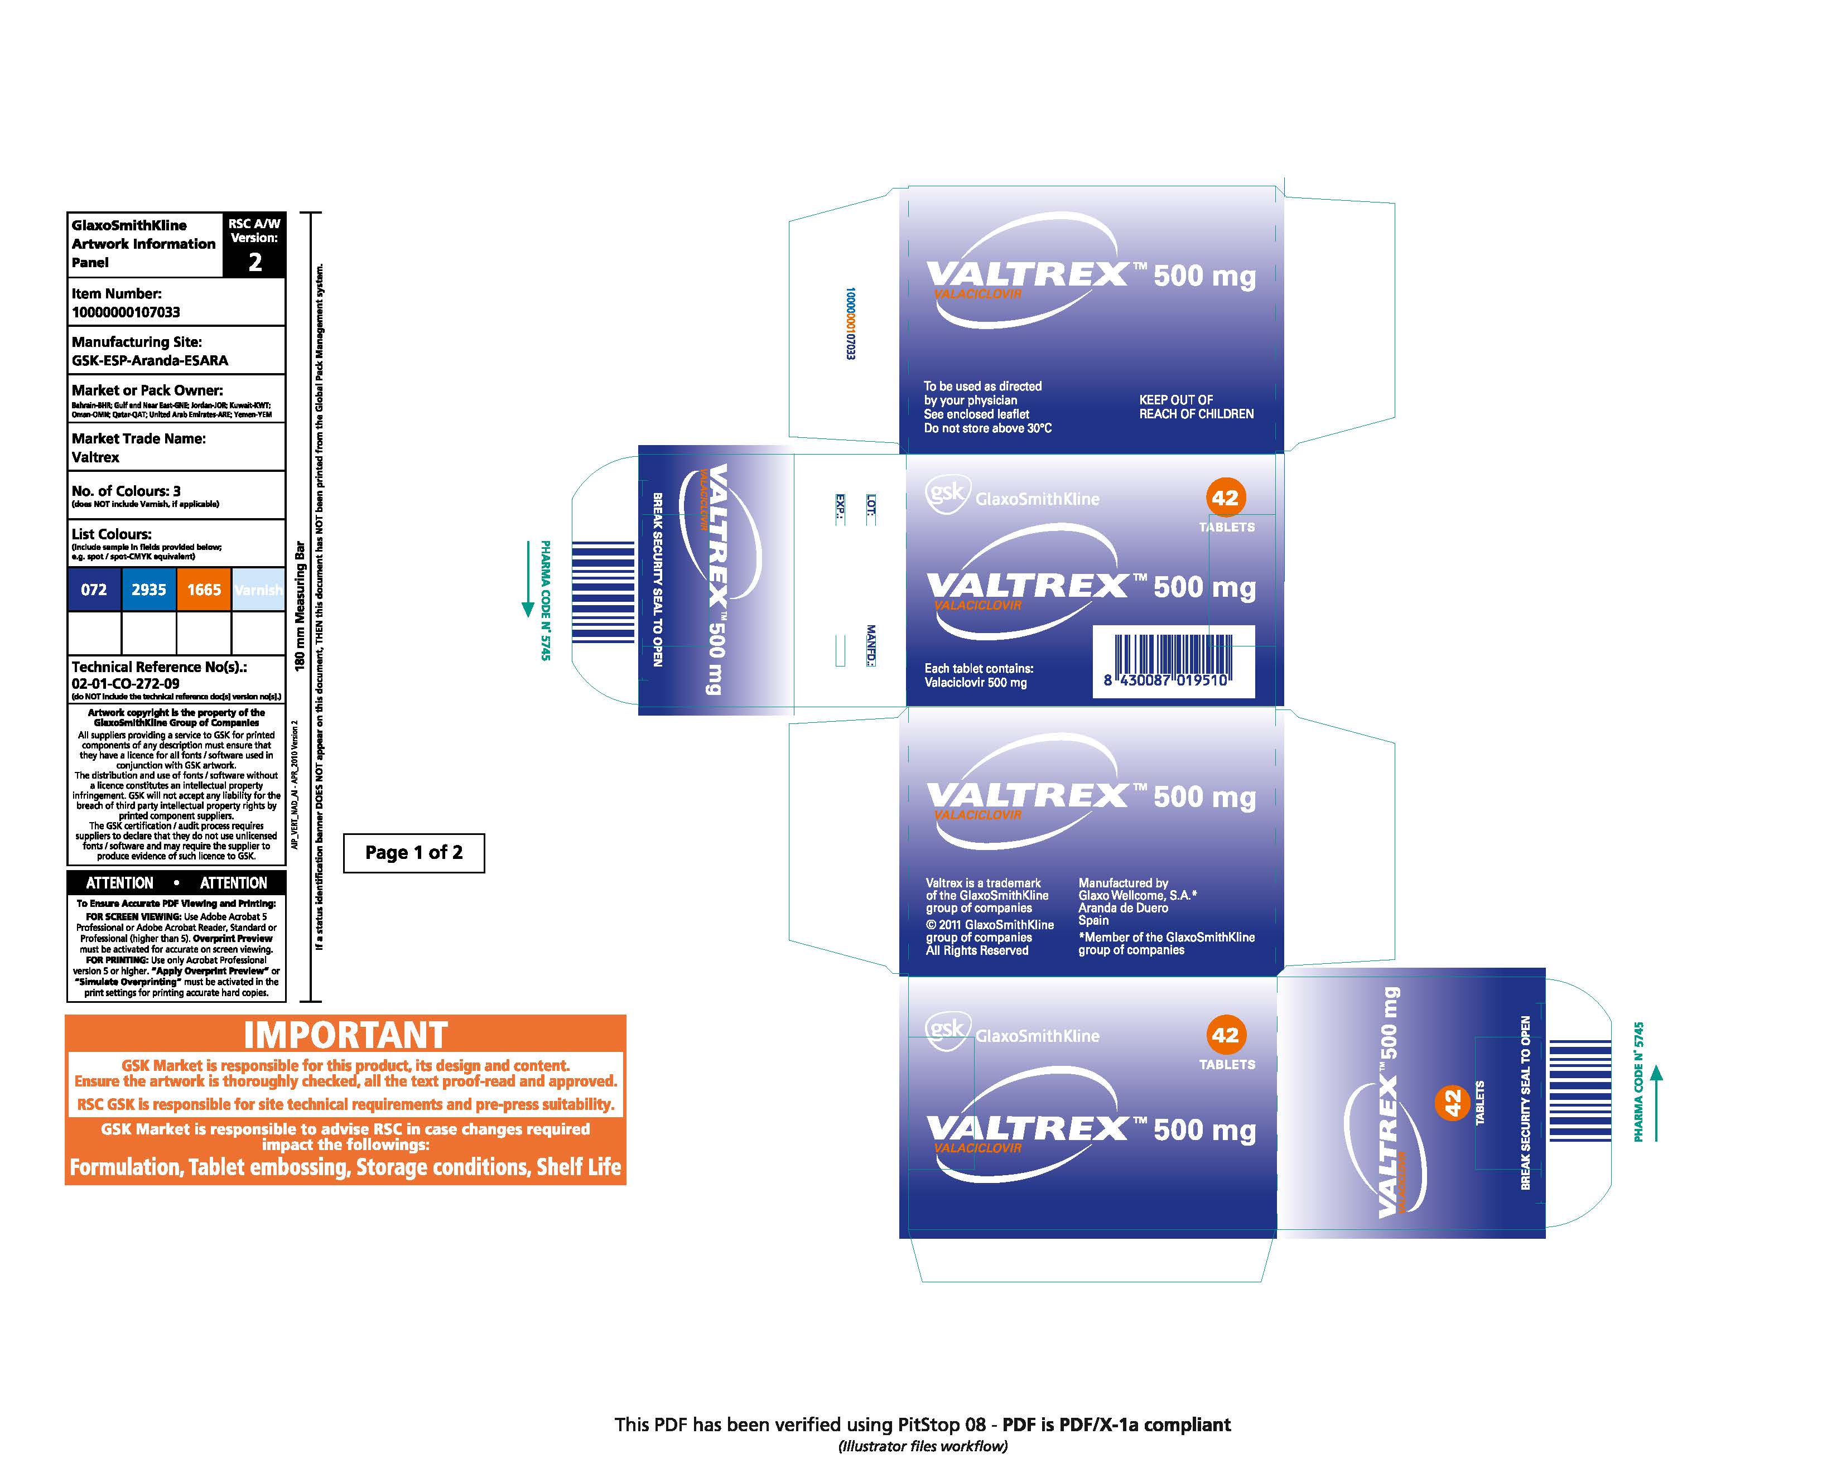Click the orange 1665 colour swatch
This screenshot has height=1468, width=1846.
(204, 589)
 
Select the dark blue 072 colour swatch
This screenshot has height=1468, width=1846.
(94, 589)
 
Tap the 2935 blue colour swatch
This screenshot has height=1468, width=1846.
(148, 589)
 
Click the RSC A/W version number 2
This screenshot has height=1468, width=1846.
(254, 262)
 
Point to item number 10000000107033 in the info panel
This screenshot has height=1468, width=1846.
(126, 312)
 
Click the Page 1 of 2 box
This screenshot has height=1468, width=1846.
(413, 853)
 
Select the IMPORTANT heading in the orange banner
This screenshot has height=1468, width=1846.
(345, 1035)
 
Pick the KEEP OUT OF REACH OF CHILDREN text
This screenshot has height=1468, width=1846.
(1196, 407)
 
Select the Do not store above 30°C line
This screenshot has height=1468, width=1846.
(987, 428)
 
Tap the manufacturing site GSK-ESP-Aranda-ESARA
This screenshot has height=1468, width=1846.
(150, 360)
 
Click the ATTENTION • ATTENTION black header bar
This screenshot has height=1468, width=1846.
(176, 882)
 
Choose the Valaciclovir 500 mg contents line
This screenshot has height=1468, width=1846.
(975, 682)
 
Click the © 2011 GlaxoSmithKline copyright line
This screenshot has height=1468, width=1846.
(989, 924)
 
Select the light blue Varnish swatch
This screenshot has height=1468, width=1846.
(258, 589)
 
